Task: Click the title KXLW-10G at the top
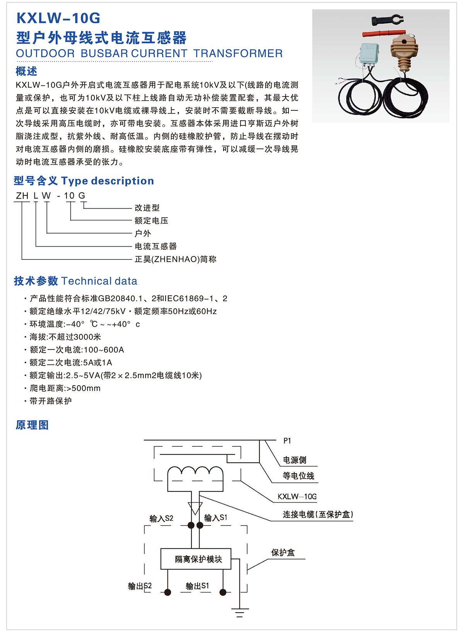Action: (x=58, y=18)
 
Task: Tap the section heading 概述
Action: (x=26, y=71)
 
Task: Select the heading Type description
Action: (x=107, y=181)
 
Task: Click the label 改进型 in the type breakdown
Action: (x=147, y=208)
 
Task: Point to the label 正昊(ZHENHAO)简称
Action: (x=175, y=259)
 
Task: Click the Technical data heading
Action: (x=99, y=281)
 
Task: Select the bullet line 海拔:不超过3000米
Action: (x=65, y=337)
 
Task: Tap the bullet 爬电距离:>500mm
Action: (x=65, y=388)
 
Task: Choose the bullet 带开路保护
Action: (x=51, y=401)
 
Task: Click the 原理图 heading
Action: (x=32, y=425)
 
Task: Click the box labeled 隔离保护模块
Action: (x=196, y=559)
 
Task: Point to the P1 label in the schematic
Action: (x=287, y=441)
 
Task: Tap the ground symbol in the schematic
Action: (x=240, y=613)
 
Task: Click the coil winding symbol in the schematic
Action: (x=195, y=471)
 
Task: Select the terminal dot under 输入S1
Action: (x=200, y=525)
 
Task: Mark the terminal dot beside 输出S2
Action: (x=167, y=592)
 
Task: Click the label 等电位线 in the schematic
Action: (x=298, y=476)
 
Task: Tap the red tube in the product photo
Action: (x=384, y=33)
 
